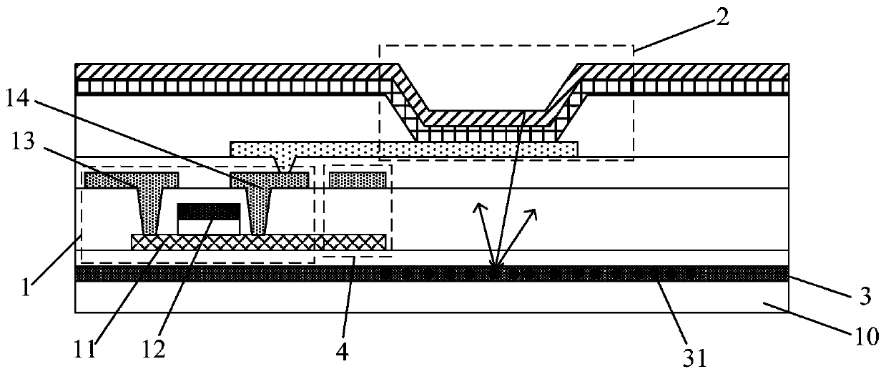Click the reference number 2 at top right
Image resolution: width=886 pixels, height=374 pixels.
tap(723, 19)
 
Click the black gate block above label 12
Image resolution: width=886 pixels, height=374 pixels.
tap(208, 211)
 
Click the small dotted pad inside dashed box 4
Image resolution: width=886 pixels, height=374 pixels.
tap(358, 179)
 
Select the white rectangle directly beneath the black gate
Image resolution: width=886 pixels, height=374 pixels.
tap(208, 225)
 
